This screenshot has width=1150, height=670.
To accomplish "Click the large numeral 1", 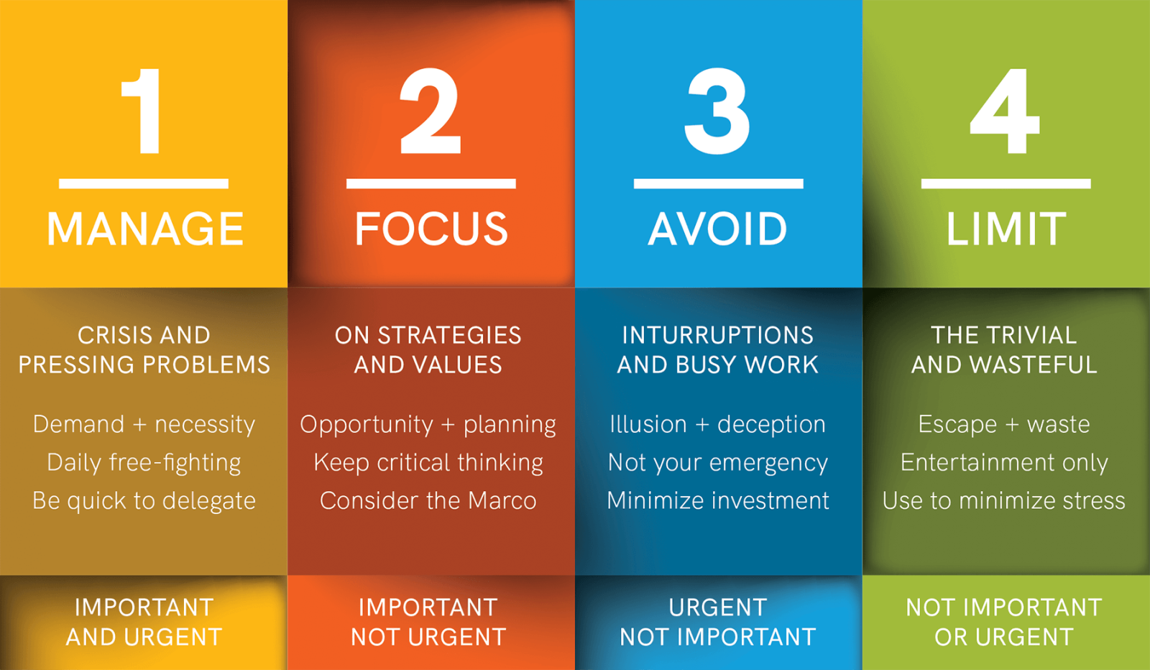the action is point(142,111).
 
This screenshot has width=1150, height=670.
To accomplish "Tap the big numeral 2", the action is point(431,111).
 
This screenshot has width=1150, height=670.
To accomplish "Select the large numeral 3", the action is point(717,111).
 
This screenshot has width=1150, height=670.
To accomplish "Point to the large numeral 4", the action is point(1005,111).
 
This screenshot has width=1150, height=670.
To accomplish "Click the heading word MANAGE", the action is point(144,229).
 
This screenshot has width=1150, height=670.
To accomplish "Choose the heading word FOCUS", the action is point(431,229).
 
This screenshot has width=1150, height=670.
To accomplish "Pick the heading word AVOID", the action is point(717,229).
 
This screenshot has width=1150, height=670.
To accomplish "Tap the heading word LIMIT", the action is point(1006,229).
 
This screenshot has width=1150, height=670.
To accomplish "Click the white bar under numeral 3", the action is point(718,184).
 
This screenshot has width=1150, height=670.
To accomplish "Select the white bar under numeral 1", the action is point(143,184).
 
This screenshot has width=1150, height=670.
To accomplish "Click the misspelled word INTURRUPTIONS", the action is point(718,335).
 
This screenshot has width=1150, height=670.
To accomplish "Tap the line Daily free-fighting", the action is point(144,462).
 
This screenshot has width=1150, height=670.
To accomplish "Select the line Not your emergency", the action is point(718,462).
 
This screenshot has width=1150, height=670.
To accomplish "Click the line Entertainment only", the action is point(1004,462).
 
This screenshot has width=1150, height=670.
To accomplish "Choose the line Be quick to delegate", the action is point(144,500).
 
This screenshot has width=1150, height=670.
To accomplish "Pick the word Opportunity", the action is point(367,425).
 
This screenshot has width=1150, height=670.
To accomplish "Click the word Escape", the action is point(957,425).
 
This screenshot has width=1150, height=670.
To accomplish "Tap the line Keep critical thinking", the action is point(428,462).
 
